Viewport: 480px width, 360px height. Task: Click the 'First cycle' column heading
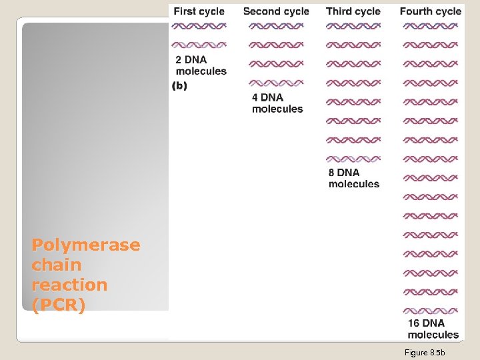tap(199, 11)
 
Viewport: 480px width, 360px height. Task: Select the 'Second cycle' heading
tap(276, 11)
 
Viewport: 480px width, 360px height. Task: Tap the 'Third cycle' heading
tap(353, 11)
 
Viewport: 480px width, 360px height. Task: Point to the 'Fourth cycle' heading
tap(430, 11)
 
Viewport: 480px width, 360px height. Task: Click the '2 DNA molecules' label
tap(201, 65)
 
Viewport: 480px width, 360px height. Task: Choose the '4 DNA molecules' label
tap(277, 103)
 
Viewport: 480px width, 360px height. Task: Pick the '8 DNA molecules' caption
tap(354, 179)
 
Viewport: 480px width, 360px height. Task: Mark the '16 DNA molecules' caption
tap(433, 329)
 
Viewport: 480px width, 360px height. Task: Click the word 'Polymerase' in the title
tap(86, 245)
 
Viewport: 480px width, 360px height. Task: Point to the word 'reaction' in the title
tap(69, 285)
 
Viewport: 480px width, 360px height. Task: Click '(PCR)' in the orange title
tap(59, 305)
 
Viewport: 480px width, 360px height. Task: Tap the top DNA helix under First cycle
tap(199, 26)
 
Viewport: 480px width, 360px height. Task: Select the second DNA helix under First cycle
tap(199, 45)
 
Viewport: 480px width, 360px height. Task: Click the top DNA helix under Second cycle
tap(276, 26)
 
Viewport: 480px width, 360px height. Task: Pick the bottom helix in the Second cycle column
tap(276, 83)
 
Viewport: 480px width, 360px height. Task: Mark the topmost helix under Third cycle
tap(353, 26)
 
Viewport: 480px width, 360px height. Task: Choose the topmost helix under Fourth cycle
tap(430, 26)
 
